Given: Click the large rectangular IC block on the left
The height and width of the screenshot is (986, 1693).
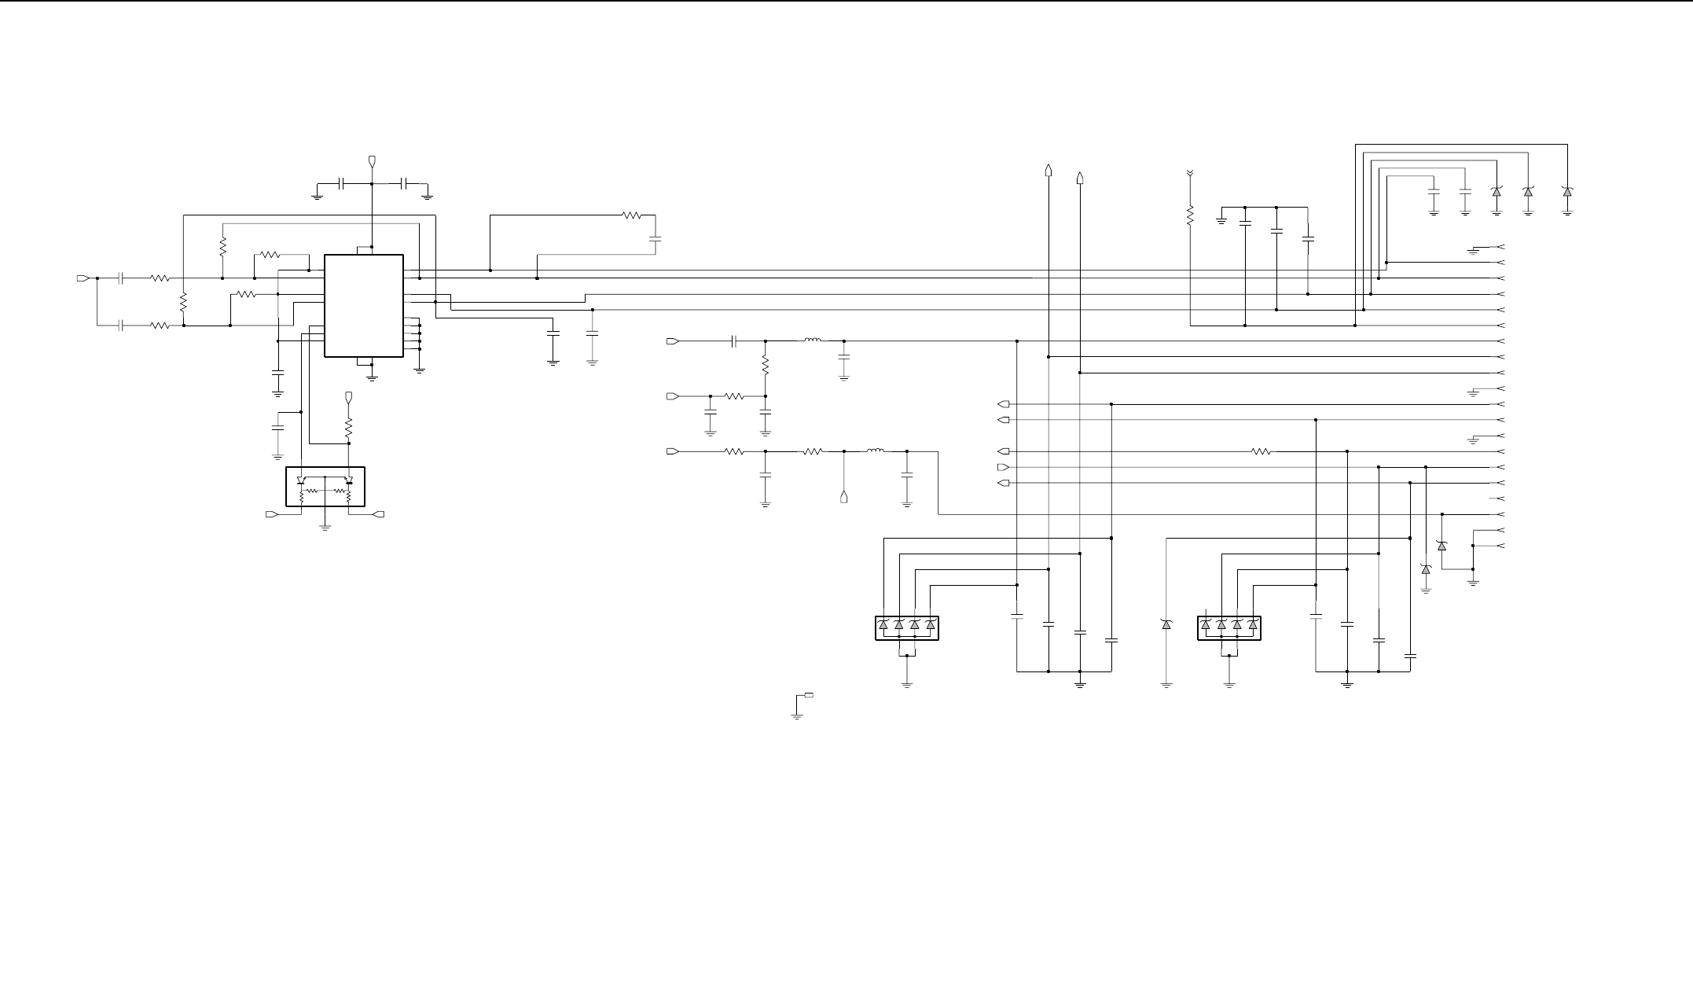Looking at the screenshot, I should tap(364, 305).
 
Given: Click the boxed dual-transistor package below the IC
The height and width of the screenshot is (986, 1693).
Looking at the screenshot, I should tap(325, 487).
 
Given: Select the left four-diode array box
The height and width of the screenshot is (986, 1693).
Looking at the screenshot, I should tap(907, 627).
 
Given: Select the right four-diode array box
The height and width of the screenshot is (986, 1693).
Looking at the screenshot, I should tap(1229, 627).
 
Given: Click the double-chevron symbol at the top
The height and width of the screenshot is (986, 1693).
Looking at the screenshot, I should tap(1190, 173).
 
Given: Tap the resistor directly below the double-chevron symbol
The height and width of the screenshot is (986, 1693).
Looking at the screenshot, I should tap(1190, 215).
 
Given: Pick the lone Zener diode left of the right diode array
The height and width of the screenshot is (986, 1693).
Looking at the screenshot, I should tap(1166, 624).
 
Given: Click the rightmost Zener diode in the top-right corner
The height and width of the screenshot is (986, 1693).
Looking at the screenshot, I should tap(1567, 192).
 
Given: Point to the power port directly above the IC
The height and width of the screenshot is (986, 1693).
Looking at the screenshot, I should tap(372, 162).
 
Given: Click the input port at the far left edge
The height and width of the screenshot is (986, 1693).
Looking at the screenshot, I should tap(82, 278).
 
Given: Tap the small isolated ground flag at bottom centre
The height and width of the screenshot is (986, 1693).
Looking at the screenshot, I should tap(808, 695).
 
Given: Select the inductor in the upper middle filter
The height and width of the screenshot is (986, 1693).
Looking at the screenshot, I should tap(813, 340).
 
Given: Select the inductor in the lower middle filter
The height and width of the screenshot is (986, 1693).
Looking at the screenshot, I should tap(875, 451).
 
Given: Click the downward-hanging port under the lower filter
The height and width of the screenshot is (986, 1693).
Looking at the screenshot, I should tap(844, 497).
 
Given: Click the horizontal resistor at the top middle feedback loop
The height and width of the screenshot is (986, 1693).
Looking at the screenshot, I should tap(632, 215).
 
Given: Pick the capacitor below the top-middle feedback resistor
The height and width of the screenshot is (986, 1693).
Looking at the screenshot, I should tap(656, 237).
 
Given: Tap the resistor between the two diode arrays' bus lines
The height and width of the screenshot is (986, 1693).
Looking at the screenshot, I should tap(1261, 451).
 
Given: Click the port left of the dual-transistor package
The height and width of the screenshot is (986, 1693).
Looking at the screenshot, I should tap(272, 514).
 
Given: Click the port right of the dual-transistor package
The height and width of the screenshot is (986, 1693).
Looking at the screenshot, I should tap(379, 514).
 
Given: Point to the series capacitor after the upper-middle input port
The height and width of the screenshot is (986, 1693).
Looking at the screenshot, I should tap(734, 341).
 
